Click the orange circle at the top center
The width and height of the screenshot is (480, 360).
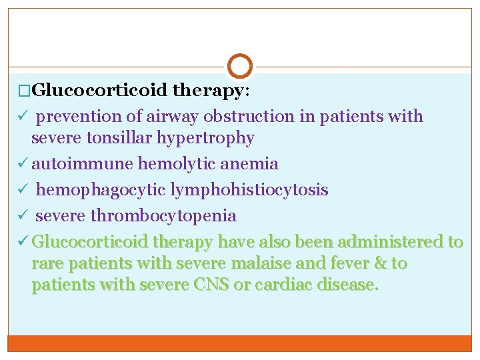click(240, 66)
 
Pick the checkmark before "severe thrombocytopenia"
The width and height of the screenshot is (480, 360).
click(20, 216)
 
